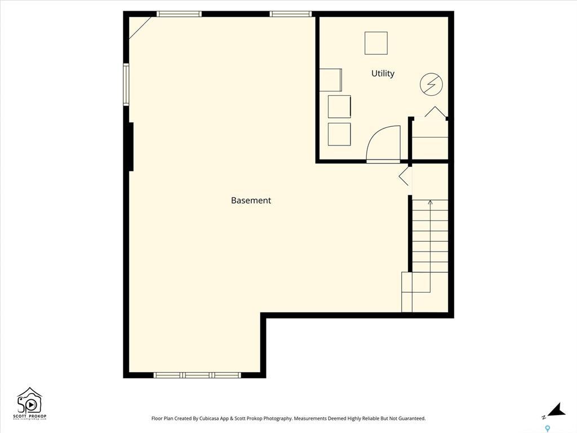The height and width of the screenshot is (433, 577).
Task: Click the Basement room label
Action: (251, 200)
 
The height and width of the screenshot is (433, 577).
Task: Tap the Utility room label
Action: (383, 73)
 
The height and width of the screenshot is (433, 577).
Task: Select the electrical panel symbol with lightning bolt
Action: (431, 85)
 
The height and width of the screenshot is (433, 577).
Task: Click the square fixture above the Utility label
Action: (376, 43)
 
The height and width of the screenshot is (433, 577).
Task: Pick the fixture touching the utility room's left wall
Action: (330, 79)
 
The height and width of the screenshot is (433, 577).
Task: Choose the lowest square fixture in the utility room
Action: (339, 134)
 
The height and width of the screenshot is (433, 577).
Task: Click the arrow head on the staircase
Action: (430, 202)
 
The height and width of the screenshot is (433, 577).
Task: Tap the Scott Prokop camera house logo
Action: (30, 401)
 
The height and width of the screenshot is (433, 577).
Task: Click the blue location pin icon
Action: (547, 428)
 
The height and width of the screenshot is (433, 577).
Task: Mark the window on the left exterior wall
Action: (126, 85)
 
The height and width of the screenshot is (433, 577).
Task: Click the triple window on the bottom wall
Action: (197, 375)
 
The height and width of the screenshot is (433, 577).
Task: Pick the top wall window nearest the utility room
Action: (291, 14)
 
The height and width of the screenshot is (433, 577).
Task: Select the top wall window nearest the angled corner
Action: (179, 14)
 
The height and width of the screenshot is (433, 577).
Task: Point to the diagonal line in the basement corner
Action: (140, 28)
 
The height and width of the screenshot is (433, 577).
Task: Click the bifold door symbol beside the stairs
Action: (405, 175)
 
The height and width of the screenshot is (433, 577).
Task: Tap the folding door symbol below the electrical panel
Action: (436, 112)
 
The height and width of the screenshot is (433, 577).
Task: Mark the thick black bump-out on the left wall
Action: (130, 146)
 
